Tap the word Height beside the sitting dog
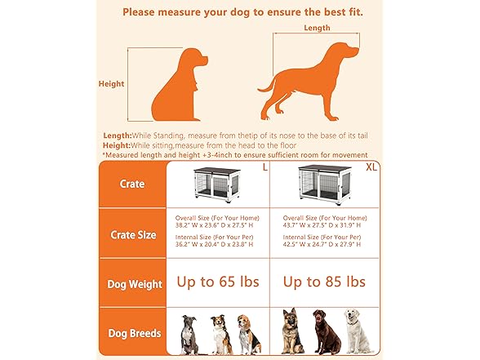click(x=111, y=83)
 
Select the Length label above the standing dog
click(x=317, y=28)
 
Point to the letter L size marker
click(x=264, y=167)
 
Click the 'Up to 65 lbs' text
click(x=218, y=282)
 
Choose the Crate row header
click(x=132, y=184)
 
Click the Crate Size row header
click(x=133, y=234)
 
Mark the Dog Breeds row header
click(x=133, y=333)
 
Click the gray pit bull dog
click(x=189, y=334)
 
